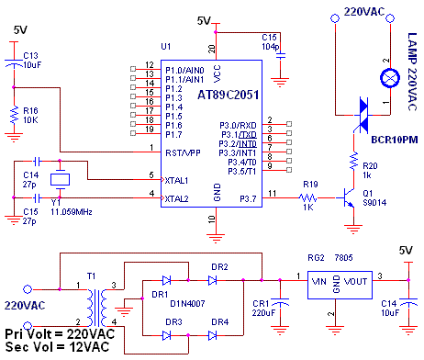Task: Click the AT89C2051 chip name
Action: coord(229,95)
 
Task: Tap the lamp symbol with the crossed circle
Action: coord(390,78)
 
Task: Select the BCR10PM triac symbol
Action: coord(363,115)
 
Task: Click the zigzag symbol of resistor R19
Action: coord(307,197)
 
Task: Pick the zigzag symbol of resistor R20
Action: coord(353,161)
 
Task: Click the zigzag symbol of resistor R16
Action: coord(14,115)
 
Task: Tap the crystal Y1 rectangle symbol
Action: coord(60,179)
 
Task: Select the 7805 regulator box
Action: coord(340,285)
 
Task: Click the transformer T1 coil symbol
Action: coord(96,308)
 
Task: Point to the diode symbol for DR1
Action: coord(166,280)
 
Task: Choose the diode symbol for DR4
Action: coord(212,335)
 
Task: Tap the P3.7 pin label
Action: coord(248,199)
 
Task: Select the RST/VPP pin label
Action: coord(183,152)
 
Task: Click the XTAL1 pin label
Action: coord(176,181)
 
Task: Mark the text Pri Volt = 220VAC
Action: coord(60,333)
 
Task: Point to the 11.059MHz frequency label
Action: coord(72,212)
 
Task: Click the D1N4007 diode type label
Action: coord(187,304)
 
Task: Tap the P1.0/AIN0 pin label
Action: coord(184,71)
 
